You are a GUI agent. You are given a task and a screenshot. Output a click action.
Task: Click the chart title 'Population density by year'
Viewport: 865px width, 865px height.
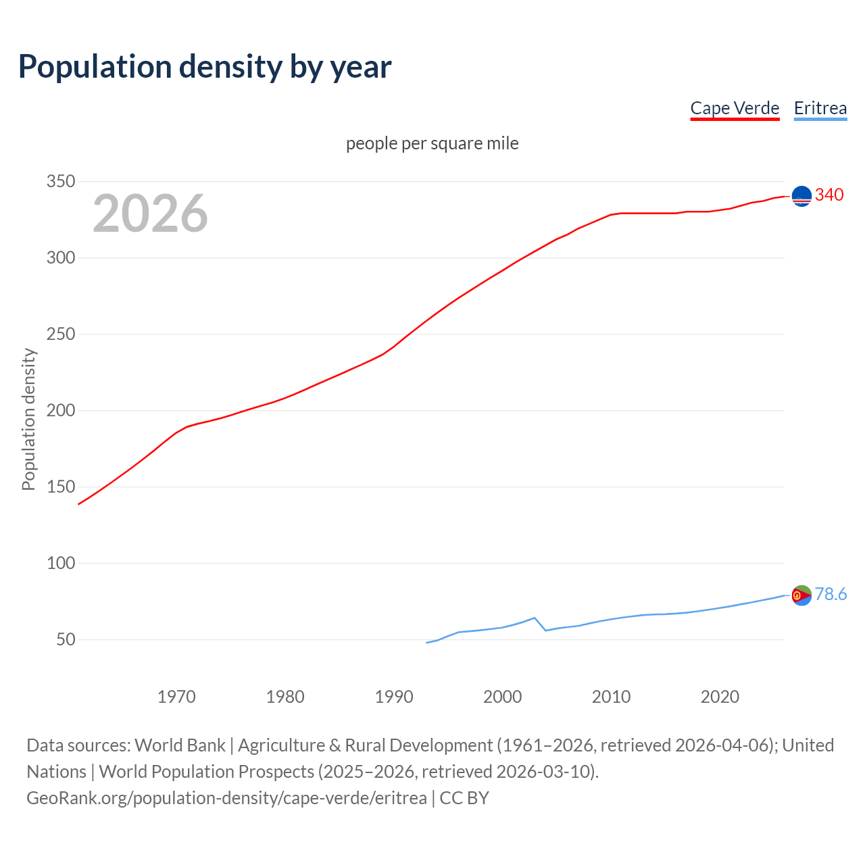pos(205,66)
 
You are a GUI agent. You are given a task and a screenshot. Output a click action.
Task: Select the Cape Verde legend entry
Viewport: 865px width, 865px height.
pos(735,108)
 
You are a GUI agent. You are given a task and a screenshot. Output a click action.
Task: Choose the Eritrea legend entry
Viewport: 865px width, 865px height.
pos(820,108)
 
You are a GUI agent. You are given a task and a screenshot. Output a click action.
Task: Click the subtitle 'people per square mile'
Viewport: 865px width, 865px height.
pos(432,143)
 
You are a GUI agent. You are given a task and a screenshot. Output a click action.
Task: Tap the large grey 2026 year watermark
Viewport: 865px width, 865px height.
pos(150,214)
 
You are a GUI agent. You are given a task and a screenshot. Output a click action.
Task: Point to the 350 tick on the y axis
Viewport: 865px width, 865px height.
pos(60,181)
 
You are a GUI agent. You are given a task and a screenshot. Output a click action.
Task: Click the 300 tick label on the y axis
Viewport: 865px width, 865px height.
pos(60,257)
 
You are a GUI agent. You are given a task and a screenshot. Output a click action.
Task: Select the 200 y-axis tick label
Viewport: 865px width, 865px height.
pos(60,410)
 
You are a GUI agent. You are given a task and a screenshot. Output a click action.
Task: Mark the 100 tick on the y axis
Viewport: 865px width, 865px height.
pos(60,563)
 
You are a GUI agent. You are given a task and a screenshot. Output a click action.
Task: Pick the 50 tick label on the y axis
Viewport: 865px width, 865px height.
pos(66,639)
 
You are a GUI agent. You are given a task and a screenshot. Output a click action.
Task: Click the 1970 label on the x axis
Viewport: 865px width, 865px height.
pos(176,697)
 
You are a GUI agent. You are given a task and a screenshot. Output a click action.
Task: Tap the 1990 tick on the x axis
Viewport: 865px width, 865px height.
pos(394,697)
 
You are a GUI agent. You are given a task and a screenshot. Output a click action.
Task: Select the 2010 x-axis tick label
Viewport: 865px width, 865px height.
pos(611,697)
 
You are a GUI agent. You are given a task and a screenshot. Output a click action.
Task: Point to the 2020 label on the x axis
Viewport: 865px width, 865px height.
pos(720,697)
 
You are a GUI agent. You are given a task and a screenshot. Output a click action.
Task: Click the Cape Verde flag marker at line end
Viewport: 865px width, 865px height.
pos(801,196)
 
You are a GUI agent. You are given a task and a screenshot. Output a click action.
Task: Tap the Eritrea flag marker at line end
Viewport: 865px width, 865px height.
pos(801,595)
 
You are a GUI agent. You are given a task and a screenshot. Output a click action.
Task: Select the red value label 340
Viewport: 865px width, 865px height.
pos(829,195)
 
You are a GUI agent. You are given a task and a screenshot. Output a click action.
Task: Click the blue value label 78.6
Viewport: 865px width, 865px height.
pos(831,594)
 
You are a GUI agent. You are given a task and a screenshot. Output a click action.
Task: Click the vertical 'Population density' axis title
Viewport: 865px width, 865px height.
pos(28,419)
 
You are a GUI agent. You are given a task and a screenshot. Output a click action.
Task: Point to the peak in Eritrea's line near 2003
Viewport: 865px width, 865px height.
pos(535,618)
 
